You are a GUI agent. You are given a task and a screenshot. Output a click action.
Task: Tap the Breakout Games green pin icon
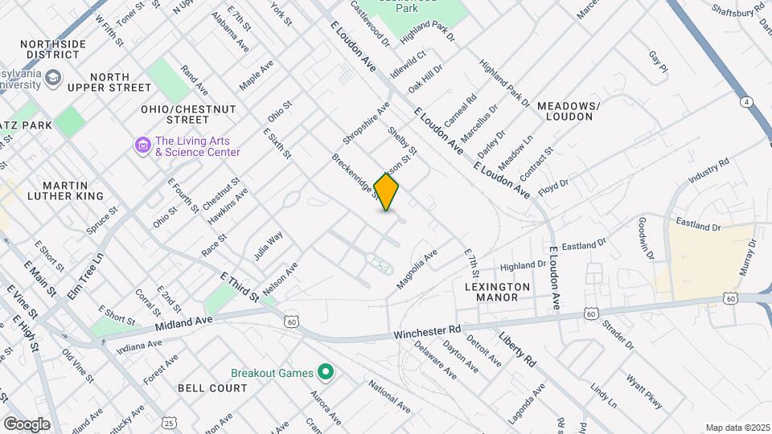(326, 372)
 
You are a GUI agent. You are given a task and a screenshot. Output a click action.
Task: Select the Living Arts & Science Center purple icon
(143, 145)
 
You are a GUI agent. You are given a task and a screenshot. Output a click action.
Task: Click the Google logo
(27, 424)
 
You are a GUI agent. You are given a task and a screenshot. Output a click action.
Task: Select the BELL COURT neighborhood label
(212, 388)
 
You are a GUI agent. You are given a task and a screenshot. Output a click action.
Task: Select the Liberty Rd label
(516, 349)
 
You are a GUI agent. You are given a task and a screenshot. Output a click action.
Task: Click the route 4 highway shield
(747, 102)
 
